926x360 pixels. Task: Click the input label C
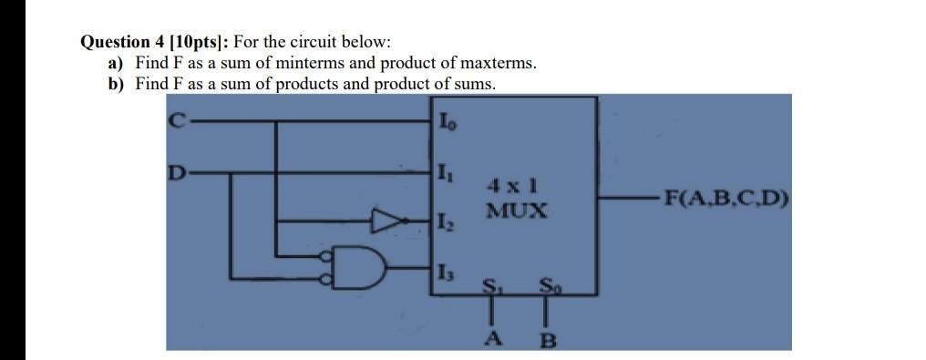[176, 117]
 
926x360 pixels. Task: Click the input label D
[176, 170]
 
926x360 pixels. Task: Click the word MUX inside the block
[516, 211]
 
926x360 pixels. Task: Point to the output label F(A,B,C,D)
[726, 200]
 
